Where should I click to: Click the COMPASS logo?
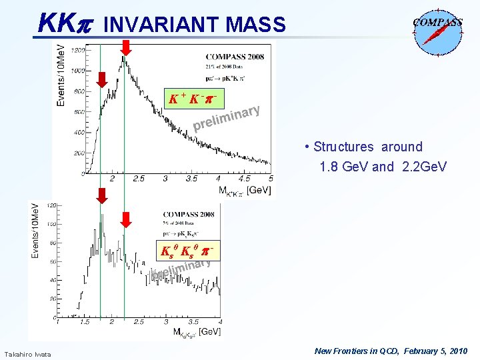click(x=437, y=28)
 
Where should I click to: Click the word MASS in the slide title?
click(x=256, y=25)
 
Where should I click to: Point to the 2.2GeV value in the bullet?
click(x=423, y=167)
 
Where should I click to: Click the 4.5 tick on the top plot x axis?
click(x=244, y=179)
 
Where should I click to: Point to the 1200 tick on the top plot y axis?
click(x=77, y=50)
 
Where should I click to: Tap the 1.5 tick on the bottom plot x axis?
click(x=85, y=322)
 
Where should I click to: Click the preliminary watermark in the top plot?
click(x=226, y=118)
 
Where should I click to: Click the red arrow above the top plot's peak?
click(x=125, y=47)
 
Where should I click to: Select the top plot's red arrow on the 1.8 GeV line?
click(x=101, y=79)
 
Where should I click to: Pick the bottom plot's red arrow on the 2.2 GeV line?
click(x=125, y=221)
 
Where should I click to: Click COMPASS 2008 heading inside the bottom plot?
click(x=188, y=214)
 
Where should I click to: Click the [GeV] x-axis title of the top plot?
click(x=259, y=191)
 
